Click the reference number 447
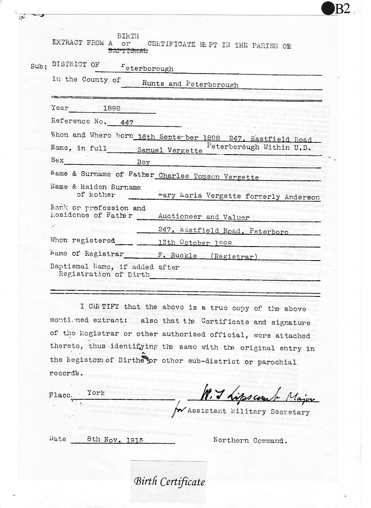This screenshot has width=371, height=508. [x=123, y=123]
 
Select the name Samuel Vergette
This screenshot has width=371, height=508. [x=170, y=150]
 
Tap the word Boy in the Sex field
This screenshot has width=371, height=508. [x=143, y=162]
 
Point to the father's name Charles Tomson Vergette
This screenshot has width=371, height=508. [x=208, y=177]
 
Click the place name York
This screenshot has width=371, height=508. [x=96, y=393]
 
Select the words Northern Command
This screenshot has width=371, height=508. [x=250, y=441]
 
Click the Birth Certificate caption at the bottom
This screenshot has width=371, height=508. [x=169, y=482]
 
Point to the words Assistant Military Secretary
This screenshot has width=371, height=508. [x=248, y=412]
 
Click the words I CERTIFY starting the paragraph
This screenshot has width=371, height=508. [x=99, y=307]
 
